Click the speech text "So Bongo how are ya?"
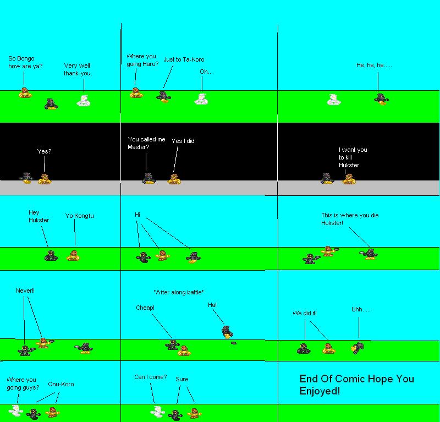[x=25, y=62]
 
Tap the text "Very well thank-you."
[x=78, y=69]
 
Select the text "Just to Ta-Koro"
[x=184, y=59]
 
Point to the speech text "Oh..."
[x=206, y=72]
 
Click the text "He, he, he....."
[x=374, y=65]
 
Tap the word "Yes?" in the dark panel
[x=44, y=151]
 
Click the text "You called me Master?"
[x=146, y=143]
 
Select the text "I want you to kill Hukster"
[x=353, y=157]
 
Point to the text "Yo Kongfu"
[x=79, y=216]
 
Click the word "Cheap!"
[x=145, y=308]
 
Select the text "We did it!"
[x=305, y=313]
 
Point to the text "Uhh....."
[x=361, y=310]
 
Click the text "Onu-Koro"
[x=61, y=384]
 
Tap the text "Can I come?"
[x=150, y=377]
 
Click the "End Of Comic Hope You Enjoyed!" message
[x=356, y=385]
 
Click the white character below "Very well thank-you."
[x=83, y=101]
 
